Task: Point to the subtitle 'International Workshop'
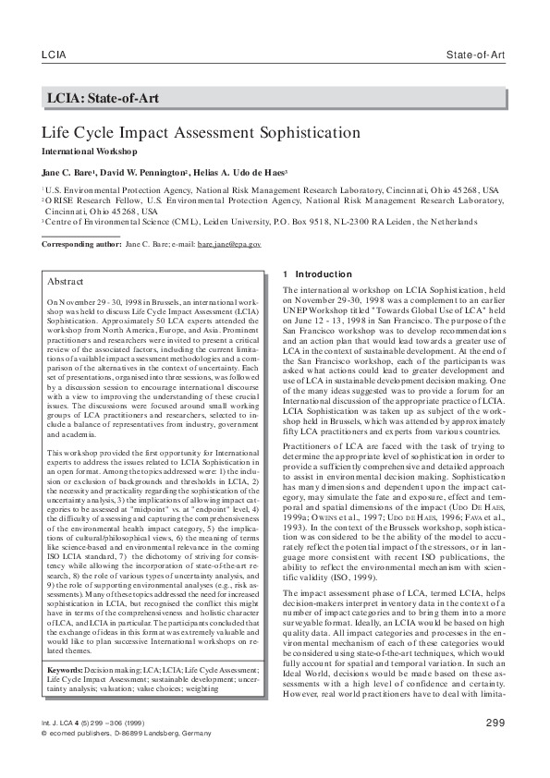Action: (89, 151)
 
